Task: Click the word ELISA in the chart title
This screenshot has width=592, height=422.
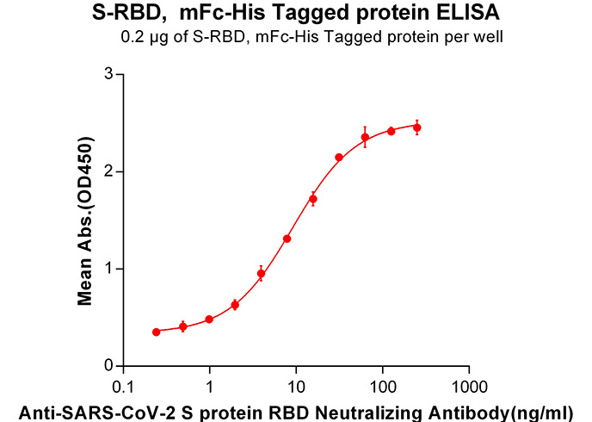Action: (x=468, y=12)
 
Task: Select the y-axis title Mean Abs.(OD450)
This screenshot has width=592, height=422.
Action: (x=85, y=220)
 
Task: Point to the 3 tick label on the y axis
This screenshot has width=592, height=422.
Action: (x=108, y=74)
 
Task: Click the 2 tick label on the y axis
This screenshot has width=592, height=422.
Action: (x=108, y=171)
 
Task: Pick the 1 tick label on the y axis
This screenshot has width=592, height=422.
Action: (x=109, y=269)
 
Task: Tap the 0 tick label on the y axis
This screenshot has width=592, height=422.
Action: (x=108, y=366)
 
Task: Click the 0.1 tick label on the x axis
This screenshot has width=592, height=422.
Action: (x=123, y=387)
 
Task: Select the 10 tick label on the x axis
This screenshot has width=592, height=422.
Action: (x=296, y=387)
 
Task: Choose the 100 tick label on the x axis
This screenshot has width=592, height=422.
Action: (x=383, y=387)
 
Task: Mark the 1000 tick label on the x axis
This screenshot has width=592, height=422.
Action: (x=469, y=387)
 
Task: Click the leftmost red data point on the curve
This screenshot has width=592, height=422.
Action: (x=157, y=332)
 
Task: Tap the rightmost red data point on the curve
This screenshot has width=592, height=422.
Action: (x=417, y=127)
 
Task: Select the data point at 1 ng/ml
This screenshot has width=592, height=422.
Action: (x=209, y=320)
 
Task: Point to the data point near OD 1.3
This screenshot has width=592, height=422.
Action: (x=287, y=239)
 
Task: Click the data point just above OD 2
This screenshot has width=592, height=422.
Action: (x=339, y=157)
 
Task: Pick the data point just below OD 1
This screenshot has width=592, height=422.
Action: (x=261, y=274)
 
